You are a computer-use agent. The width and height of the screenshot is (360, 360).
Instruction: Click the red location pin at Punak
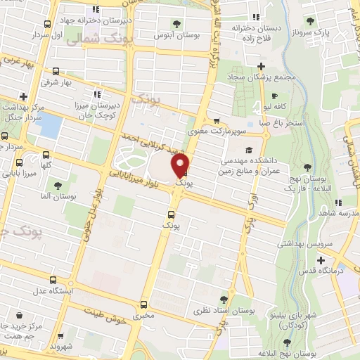click(x=181, y=165)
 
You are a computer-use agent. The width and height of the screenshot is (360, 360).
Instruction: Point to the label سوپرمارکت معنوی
click(x=219, y=131)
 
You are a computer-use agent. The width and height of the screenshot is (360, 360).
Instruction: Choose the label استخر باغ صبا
click(x=278, y=122)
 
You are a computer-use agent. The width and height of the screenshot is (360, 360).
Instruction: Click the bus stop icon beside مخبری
click(x=144, y=304)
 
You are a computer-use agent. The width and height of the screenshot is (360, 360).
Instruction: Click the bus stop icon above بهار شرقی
click(x=56, y=72)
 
